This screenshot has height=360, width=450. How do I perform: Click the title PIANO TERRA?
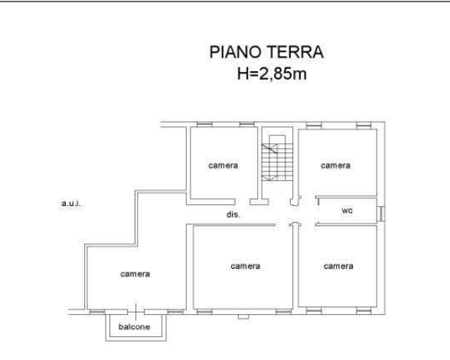click(266, 52)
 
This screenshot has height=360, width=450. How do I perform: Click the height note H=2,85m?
click(272, 74)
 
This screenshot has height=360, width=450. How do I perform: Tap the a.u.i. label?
click(71, 204)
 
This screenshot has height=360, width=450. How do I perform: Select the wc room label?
click(347, 211)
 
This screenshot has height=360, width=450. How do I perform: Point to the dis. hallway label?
click(233, 214)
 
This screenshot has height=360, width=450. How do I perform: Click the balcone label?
click(134, 326)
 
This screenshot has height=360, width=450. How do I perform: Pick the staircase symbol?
click(277, 158)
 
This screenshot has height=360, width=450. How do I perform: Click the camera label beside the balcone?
click(135, 273)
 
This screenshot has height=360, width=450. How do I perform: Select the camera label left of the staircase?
click(223, 165)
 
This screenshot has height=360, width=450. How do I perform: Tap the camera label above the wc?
click(335, 165)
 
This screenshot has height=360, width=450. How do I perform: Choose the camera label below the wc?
click(338, 266)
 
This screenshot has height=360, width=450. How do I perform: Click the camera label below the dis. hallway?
click(246, 267)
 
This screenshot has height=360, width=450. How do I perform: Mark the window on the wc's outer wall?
click(381, 214)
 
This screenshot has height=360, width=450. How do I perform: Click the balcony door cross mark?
click(135, 312)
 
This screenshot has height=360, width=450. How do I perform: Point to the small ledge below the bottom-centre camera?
click(243, 316)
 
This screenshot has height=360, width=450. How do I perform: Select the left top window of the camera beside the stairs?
click(204, 124)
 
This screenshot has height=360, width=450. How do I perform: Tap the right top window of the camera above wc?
click(364, 126)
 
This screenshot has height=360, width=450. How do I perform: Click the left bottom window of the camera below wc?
click(314, 310)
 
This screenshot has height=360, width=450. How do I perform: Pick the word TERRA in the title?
click(295, 52)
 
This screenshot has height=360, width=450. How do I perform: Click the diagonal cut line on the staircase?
click(269, 149)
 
